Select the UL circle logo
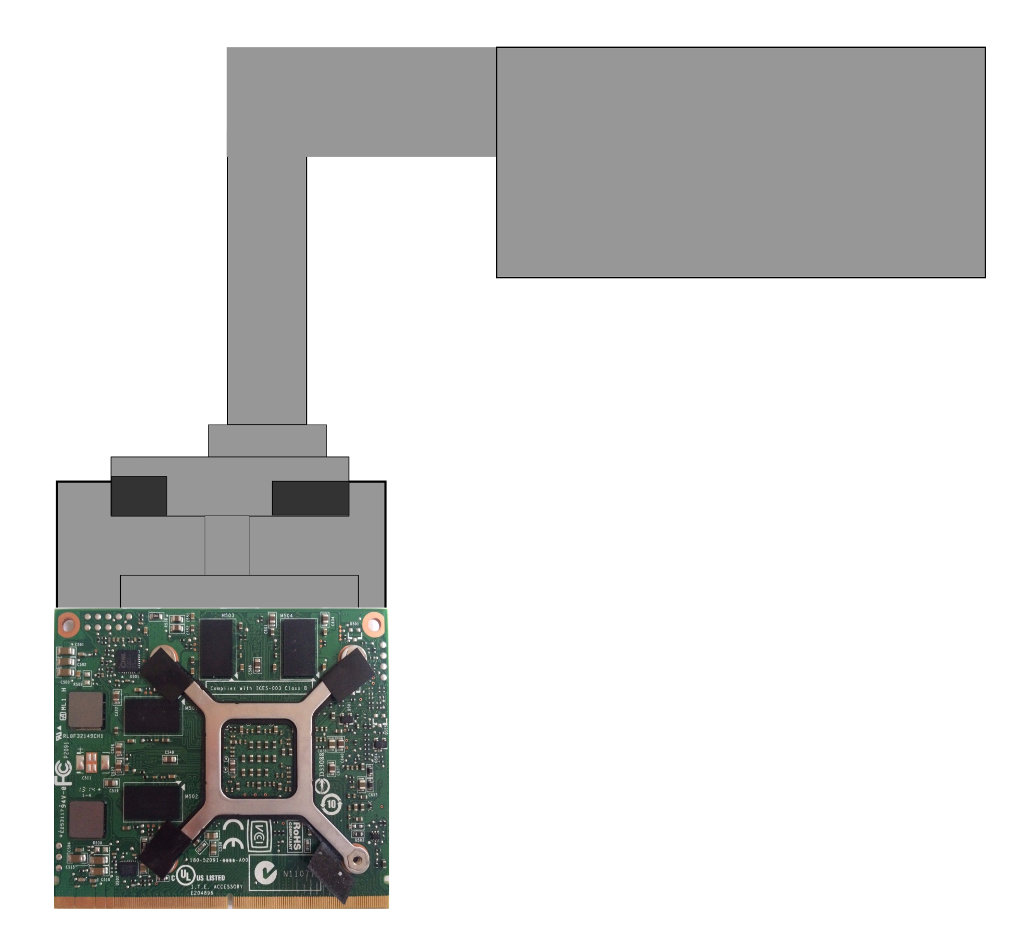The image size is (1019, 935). tap(185, 876)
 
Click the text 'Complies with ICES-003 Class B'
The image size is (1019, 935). tap(259, 688)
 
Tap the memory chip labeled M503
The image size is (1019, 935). tap(216, 648)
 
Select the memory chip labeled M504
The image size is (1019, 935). tap(299, 648)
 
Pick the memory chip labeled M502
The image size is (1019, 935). tap(151, 802)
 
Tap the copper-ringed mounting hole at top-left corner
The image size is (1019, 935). tap(68, 622)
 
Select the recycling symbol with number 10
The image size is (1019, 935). tap(332, 804)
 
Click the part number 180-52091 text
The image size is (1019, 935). tap(219, 860)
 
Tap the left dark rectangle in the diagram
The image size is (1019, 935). tap(139, 496)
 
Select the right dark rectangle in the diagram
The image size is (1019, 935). tap(310, 498)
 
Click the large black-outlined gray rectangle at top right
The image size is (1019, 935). tap(741, 162)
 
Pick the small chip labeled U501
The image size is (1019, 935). tap(128, 661)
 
